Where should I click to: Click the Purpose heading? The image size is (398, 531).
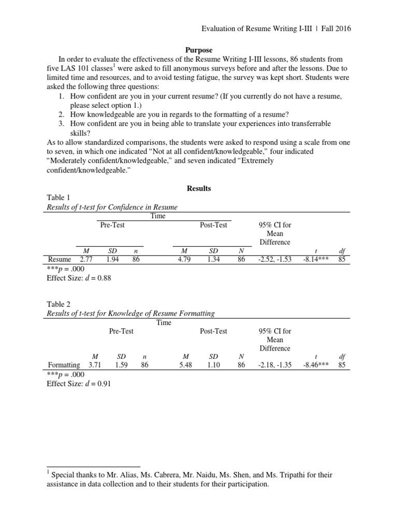click(199, 50)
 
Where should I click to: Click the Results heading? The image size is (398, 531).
click(199, 188)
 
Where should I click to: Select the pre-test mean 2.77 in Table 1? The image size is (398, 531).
click(87, 259)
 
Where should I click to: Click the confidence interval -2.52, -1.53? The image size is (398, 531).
click(275, 259)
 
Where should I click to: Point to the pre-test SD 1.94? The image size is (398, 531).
click(111, 259)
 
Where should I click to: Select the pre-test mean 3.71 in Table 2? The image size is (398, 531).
click(95, 365)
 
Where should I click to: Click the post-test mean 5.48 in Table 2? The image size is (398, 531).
click(185, 365)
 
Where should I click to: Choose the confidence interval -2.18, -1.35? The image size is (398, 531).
click(275, 365)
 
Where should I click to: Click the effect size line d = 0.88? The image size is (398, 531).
click(79, 277)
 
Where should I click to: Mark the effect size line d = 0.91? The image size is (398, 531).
click(79, 383)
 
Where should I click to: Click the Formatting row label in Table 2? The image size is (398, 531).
click(64, 365)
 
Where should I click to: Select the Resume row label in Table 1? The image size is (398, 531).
click(59, 259)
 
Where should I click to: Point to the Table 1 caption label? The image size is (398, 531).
click(56, 198)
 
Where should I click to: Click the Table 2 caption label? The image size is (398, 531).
click(56, 304)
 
